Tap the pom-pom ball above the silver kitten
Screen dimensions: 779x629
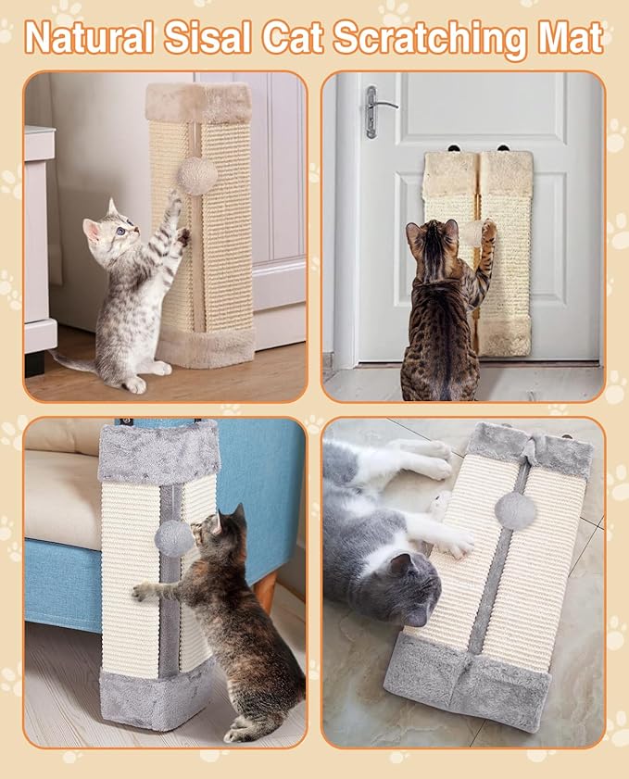197,176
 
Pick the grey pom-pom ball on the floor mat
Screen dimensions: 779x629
515,510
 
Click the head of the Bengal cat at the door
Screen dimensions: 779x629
432,243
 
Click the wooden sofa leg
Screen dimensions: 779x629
265,590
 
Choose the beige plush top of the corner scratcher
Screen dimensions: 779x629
198,102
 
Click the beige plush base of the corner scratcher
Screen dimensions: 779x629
206,347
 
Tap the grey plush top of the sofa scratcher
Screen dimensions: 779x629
158,451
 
